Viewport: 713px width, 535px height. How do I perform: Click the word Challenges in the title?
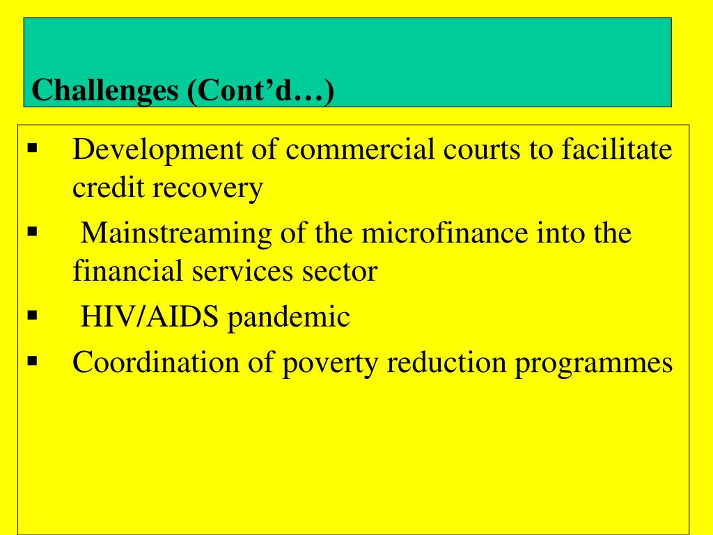[105, 91]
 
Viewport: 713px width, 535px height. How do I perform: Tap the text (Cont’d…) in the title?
[260, 91]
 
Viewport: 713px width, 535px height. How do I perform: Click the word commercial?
[360, 148]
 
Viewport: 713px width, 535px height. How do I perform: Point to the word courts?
[482, 149]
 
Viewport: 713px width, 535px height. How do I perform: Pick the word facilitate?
[617, 148]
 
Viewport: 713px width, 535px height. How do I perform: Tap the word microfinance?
[445, 232]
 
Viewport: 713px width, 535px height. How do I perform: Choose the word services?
[242, 271]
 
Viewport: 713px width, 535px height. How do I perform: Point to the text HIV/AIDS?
[150, 316]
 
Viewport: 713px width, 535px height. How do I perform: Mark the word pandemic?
[289, 318]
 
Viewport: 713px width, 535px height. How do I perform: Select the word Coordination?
[156, 362]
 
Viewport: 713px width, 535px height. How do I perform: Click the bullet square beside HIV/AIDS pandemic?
[32, 316]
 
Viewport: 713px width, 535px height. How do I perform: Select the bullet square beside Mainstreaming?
[32, 231]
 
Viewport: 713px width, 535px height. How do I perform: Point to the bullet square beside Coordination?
[32, 362]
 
